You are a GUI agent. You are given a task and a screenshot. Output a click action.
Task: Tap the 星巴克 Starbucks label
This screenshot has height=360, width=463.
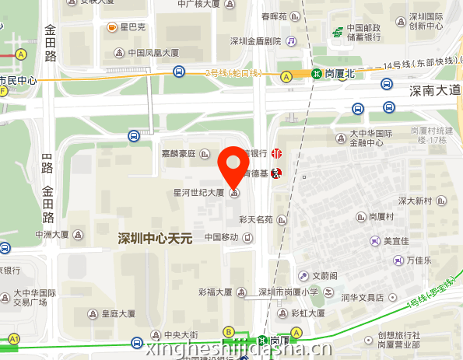[x=133, y=28]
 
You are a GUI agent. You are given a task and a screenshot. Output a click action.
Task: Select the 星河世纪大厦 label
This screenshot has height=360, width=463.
[x=198, y=192]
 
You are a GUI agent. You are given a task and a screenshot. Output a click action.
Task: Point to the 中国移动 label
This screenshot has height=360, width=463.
[x=222, y=237]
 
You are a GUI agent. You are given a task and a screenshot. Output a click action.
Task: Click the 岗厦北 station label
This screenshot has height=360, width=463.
[x=340, y=74]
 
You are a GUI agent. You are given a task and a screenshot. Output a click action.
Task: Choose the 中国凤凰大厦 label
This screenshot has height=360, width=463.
[x=153, y=53]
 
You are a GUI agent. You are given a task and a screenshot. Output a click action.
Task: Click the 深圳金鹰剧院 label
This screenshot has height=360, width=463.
[x=255, y=40]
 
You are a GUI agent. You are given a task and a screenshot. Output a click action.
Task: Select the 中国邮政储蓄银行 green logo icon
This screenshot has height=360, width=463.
[x=338, y=33]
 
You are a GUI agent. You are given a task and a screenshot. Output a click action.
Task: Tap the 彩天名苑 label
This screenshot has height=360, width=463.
[x=256, y=219]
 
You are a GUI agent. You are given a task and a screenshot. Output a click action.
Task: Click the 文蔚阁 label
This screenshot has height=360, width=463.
[x=325, y=275]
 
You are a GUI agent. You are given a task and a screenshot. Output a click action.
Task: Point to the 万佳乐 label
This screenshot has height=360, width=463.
[x=418, y=260]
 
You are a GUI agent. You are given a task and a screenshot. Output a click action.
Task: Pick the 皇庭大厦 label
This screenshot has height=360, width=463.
[x=119, y=314]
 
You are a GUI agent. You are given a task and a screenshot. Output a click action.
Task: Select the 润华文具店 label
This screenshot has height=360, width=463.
[x=363, y=297]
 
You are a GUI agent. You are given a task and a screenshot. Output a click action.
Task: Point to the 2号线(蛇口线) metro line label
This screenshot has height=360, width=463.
[x=233, y=73]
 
